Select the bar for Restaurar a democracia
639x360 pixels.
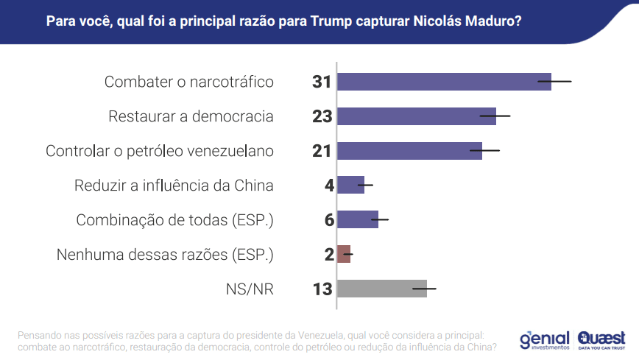click(x=417, y=116)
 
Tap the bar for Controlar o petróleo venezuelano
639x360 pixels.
click(x=409, y=151)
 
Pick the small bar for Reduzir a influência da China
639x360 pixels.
click(x=351, y=185)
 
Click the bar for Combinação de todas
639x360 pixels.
click(x=358, y=219)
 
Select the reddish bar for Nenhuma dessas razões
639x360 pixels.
click(x=344, y=254)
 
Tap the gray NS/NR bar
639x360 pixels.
click(x=382, y=289)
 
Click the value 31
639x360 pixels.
click(x=322, y=82)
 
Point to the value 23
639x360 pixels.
click(x=322, y=116)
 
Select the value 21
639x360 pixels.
click(x=322, y=151)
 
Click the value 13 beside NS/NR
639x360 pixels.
click(x=322, y=289)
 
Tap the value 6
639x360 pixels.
click(x=329, y=219)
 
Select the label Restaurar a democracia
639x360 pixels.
click(x=191, y=116)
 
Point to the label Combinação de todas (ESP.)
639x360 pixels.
click(x=175, y=219)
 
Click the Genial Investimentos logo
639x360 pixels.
click(x=545, y=339)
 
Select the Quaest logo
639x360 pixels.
click(x=601, y=339)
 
